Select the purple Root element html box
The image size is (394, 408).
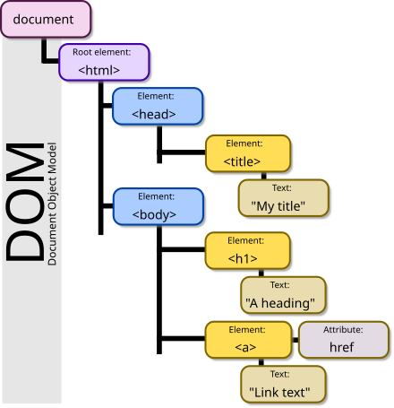[102, 61]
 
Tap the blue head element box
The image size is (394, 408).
[156, 106]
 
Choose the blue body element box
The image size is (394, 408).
[156, 205]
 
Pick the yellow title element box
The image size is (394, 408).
[247, 153]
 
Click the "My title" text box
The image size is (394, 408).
[280, 198]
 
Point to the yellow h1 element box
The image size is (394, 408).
[247, 251]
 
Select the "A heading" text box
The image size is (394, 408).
[284, 294]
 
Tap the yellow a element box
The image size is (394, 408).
[247, 339]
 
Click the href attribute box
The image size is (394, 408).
[343, 339]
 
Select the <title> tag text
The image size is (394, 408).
[243, 161]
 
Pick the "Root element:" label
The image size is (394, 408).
[102, 52]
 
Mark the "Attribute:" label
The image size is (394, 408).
[344, 330]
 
